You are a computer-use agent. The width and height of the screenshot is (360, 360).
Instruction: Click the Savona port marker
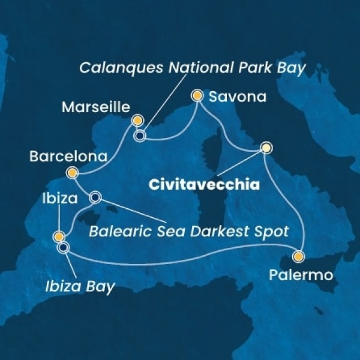point(197,95)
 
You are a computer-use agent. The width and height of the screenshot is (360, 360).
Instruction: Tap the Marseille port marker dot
point(137,119)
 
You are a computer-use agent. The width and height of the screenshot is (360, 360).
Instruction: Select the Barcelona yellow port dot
point(73,173)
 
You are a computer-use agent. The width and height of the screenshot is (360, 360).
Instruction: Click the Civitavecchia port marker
point(266,148)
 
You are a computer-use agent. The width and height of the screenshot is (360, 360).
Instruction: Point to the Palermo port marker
point(298,256)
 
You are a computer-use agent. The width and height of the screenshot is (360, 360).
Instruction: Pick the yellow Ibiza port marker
point(58,236)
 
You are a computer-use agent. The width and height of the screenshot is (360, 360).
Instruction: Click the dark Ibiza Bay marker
point(63,246)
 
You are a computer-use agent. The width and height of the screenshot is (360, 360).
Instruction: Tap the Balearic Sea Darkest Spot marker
point(95,196)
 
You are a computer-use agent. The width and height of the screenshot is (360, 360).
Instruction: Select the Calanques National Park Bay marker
point(140,136)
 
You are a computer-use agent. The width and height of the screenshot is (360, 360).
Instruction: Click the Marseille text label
point(95,108)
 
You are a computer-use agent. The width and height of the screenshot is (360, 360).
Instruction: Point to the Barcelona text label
point(68,157)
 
